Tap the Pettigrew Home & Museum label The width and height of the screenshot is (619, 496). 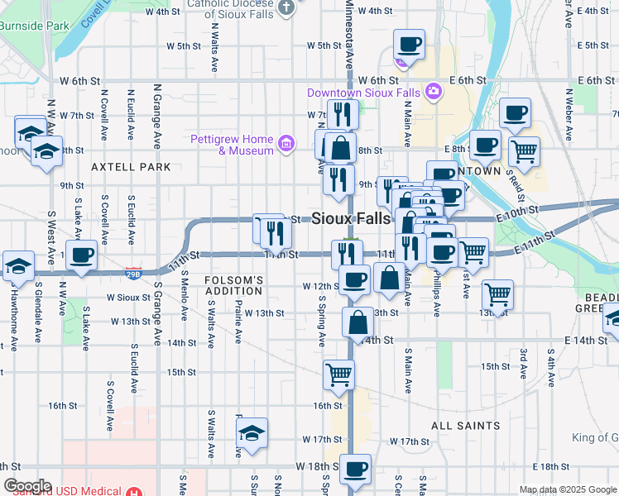[233, 145]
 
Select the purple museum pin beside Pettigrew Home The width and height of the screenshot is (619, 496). [286, 145]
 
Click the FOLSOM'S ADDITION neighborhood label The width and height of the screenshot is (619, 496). [234, 286]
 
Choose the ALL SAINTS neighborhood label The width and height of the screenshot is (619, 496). [465, 426]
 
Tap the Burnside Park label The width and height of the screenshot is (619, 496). [34, 26]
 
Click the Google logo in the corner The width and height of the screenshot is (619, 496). [27, 486]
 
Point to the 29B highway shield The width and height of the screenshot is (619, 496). [133, 271]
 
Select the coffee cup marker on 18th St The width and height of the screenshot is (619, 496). [356, 469]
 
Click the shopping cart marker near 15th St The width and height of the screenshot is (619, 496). [339, 374]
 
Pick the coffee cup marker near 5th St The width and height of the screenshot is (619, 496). [409, 44]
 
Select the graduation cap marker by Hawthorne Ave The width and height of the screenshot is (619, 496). [18, 266]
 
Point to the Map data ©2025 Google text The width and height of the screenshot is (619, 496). [568, 489]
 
